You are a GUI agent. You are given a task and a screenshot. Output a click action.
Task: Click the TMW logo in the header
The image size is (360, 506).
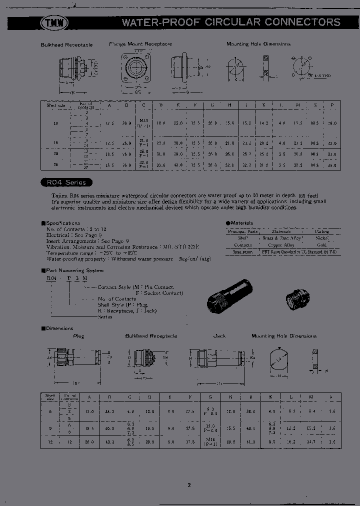pyautogui.click(x=53, y=22)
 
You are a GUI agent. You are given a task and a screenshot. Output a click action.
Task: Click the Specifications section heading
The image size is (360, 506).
pyautogui.click(x=62, y=223)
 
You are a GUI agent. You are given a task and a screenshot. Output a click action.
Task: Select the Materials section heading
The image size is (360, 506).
pyautogui.click(x=240, y=223)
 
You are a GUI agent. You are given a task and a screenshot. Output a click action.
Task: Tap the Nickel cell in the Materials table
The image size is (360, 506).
pyautogui.click(x=321, y=238)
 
